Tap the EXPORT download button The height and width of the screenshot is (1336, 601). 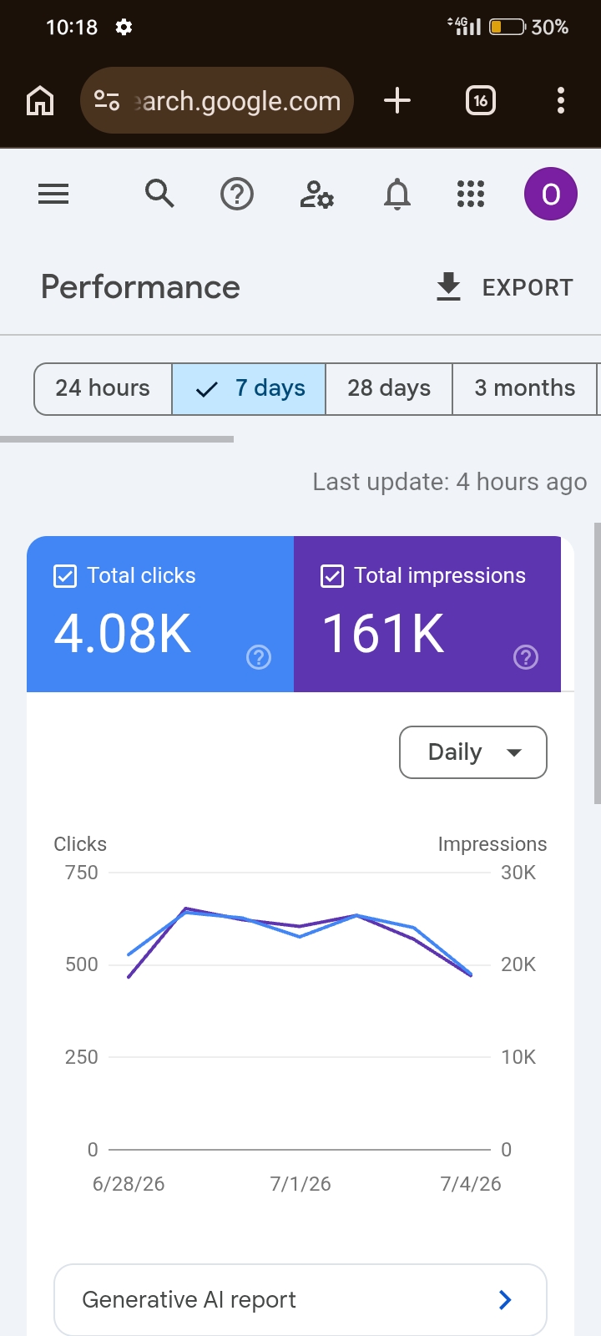click(x=504, y=287)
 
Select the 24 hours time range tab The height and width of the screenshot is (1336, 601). click(x=104, y=389)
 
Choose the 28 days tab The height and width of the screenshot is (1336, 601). click(x=389, y=389)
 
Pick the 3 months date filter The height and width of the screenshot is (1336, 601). click(x=525, y=389)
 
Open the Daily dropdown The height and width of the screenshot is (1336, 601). click(x=472, y=752)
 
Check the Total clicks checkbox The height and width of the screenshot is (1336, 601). click(x=65, y=576)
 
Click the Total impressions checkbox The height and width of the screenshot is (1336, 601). click(x=332, y=576)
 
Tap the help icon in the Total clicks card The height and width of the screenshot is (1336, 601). click(x=259, y=657)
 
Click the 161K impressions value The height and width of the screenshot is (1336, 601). click(x=383, y=634)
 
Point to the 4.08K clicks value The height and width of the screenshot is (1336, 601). click(x=123, y=634)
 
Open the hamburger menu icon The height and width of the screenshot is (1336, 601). click(x=53, y=194)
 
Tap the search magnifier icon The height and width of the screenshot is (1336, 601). click(x=159, y=194)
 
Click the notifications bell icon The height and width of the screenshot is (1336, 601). click(x=397, y=195)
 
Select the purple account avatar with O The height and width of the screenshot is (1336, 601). click(x=550, y=194)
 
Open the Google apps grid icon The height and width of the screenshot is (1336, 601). click(x=471, y=194)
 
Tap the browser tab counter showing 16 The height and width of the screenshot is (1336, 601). click(x=481, y=100)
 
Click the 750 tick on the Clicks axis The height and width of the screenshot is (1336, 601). click(x=82, y=873)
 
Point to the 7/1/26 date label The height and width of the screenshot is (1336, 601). click(x=300, y=1184)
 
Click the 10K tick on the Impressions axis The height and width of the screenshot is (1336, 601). click(x=518, y=1057)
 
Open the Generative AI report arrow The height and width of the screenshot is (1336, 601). click(x=505, y=1299)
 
